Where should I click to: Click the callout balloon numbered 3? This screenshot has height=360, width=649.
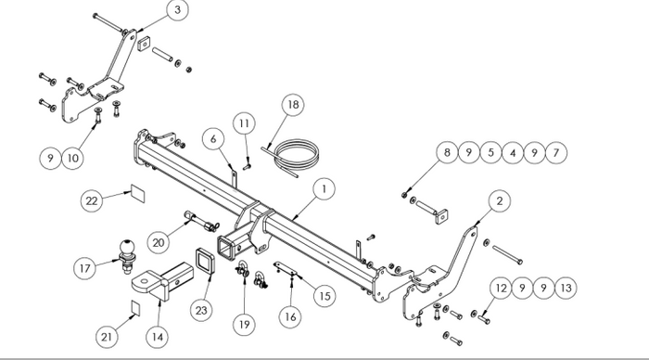[178, 10]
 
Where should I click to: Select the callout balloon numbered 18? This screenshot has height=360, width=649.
[293, 105]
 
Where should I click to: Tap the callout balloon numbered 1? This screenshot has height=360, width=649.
[324, 189]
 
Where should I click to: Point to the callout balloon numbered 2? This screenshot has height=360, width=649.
[500, 201]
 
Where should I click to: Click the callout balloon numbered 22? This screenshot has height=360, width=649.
[92, 200]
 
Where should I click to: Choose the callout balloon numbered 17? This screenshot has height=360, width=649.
[85, 268]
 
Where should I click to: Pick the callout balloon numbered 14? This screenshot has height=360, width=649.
[158, 337]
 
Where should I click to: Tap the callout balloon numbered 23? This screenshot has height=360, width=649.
[201, 310]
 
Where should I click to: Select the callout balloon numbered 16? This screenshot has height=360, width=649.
[290, 317]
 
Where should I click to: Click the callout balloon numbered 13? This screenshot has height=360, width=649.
[566, 288]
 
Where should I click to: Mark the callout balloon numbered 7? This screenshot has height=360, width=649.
[556, 153]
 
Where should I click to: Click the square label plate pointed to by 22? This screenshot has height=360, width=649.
[138, 193]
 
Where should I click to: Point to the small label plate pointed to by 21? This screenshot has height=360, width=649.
[135, 308]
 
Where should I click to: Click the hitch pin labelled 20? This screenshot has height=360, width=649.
[201, 222]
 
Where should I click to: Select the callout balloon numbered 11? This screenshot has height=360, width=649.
[244, 123]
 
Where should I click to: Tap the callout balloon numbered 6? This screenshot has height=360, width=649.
[213, 139]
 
